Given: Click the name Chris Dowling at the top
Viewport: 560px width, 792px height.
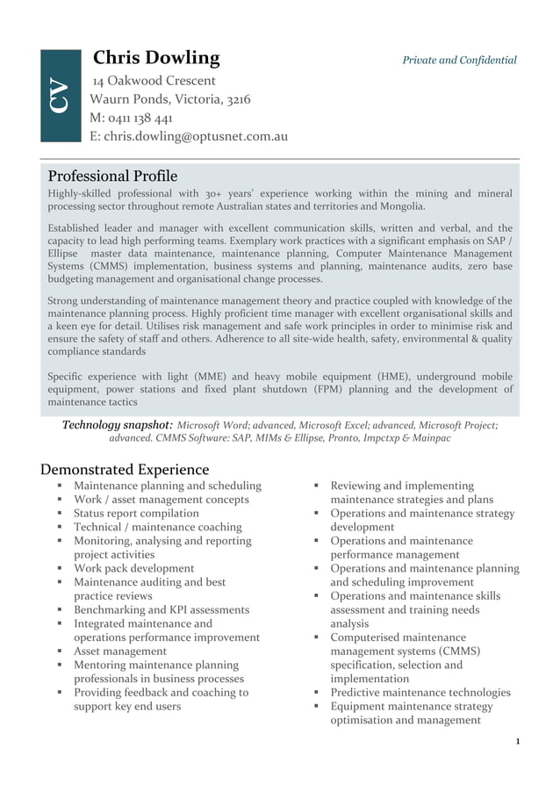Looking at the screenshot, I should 156,59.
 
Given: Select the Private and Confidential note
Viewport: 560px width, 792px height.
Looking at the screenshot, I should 459,61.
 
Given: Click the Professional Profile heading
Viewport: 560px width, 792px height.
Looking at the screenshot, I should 112,176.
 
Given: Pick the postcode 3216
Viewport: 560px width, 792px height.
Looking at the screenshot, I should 238,99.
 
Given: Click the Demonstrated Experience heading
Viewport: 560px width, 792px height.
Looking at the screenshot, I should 128,470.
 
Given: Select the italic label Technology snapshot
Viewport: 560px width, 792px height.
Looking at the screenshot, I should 117,425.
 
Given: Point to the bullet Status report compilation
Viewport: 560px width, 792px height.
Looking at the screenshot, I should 136,514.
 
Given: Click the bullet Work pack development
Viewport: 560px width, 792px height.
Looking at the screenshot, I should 134,569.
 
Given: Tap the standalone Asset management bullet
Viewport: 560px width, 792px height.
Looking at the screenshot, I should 120,652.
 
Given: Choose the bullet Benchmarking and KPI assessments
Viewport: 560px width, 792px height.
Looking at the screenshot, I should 162,610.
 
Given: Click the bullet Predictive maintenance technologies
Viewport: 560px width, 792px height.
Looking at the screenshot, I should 420,693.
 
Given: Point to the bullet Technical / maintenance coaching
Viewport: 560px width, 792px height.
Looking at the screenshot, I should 157,528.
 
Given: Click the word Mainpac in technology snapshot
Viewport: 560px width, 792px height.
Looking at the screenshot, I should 430,437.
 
